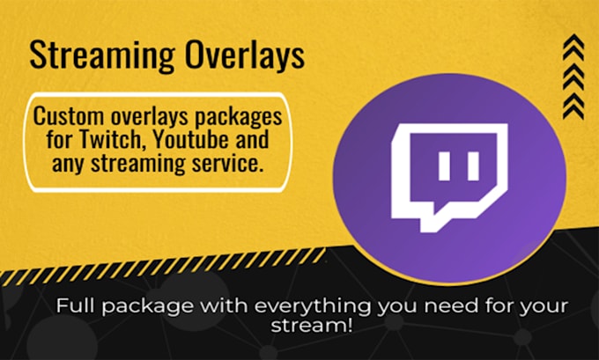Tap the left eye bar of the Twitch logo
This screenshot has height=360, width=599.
tap(442, 165)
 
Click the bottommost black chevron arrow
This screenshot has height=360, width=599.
tap(574, 109)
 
